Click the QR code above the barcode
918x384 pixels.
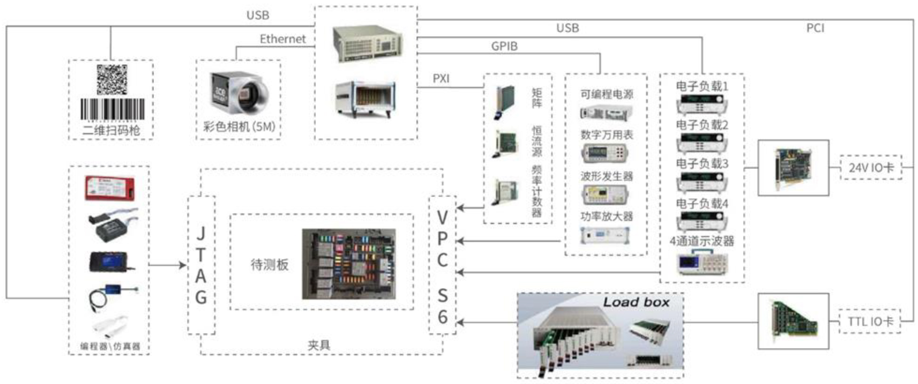click(x=111, y=80)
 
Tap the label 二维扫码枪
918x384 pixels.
click(x=111, y=130)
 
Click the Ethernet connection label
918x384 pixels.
click(x=282, y=39)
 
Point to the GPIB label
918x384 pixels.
click(x=504, y=46)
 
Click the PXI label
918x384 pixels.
click(x=441, y=78)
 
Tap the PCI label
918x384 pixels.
click(x=815, y=28)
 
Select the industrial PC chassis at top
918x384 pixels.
click(x=367, y=43)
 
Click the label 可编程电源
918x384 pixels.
click(x=607, y=94)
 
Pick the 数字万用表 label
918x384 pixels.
click(x=607, y=135)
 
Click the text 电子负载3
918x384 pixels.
click(x=702, y=164)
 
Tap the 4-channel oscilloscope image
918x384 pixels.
click(x=702, y=263)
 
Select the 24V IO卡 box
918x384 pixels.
click(x=871, y=167)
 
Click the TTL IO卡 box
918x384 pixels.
click(x=870, y=321)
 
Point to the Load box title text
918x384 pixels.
click(x=636, y=303)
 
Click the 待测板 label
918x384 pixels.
click(x=269, y=265)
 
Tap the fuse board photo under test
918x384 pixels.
click(x=349, y=264)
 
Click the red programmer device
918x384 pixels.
click(x=110, y=188)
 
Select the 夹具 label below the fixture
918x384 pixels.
click(x=319, y=345)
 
